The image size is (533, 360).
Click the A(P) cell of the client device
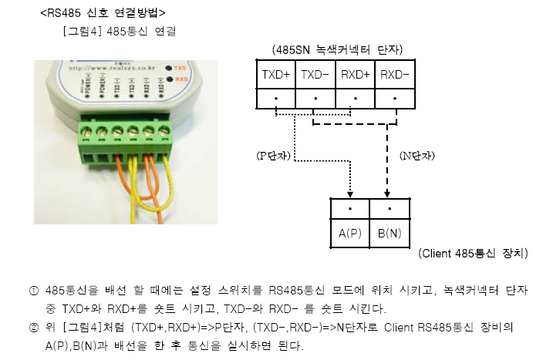(x=349, y=232)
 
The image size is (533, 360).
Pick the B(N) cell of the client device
(x=390, y=232)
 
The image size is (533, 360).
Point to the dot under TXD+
(x=276, y=99)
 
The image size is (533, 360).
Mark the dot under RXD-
(x=395, y=99)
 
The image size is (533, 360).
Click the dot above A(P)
(x=349, y=209)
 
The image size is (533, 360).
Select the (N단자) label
(x=417, y=156)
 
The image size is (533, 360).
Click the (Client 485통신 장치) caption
(x=472, y=253)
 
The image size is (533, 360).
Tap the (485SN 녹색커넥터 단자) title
(x=337, y=49)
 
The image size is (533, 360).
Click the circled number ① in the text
(x=33, y=291)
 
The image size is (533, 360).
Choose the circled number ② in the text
(x=33, y=328)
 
